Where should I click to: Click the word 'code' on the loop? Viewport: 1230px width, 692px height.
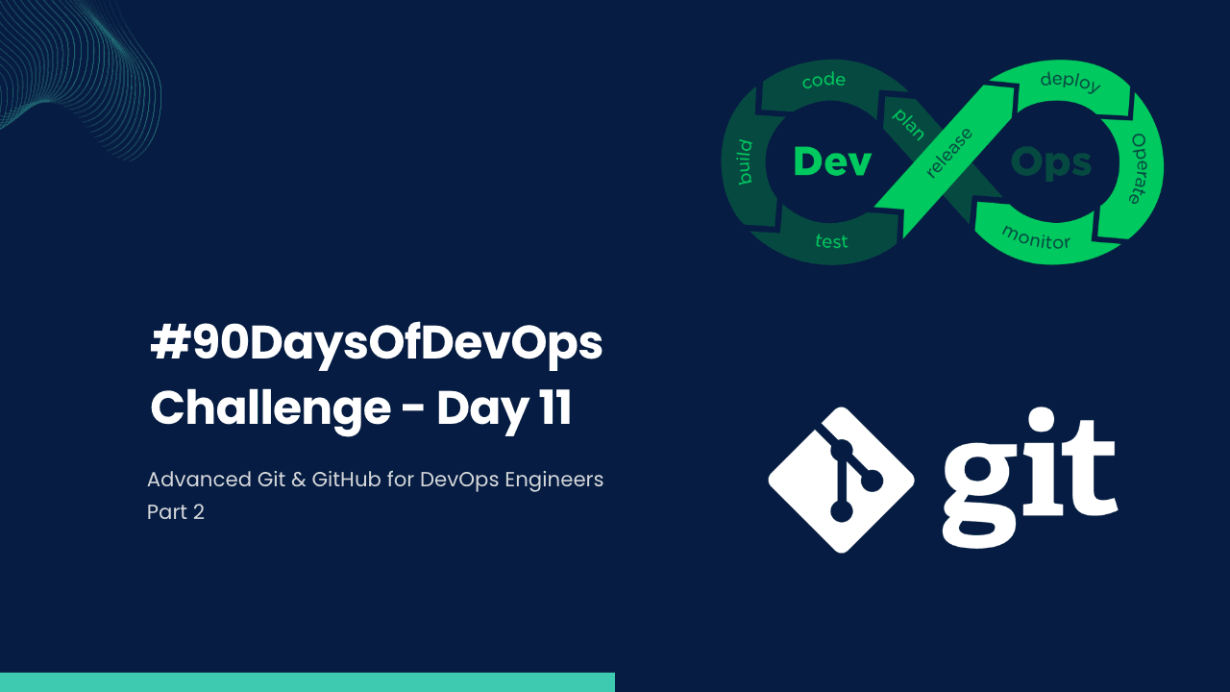[x=824, y=81]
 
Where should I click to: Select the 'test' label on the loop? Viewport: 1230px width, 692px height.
[x=831, y=240]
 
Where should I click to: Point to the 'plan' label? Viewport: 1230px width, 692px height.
[x=907, y=124]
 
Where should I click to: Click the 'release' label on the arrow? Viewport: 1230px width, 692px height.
[x=948, y=152]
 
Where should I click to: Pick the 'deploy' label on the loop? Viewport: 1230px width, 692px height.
[x=1070, y=82]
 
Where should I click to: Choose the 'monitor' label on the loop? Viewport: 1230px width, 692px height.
[x=1035, y=236]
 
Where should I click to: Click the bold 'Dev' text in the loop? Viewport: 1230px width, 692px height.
[x=832, y=162]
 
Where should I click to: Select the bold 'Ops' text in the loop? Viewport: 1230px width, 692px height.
[x=1052, y=163]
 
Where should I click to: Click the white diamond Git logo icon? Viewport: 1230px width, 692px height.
[x=841, y=480]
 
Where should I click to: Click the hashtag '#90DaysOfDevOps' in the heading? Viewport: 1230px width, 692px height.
[x=377, y=344]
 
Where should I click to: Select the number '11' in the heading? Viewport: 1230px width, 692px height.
[x=552, y=408]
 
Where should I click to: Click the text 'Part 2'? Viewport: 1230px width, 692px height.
[x=176, y=511]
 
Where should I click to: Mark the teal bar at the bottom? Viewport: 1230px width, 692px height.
[x=307, y=682]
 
